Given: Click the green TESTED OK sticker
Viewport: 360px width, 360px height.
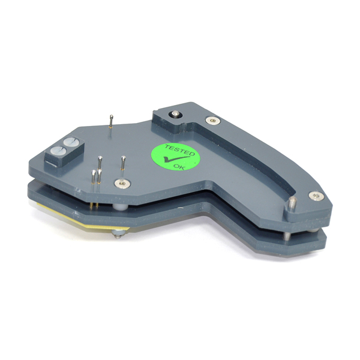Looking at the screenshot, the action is point(175,157).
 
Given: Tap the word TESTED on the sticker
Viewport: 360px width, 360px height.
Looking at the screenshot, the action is point(180,150).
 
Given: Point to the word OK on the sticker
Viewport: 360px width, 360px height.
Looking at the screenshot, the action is point(179,167).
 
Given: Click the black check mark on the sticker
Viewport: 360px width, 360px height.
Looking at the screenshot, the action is point(176,158).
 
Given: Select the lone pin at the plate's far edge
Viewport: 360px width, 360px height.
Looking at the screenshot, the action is point(111,121).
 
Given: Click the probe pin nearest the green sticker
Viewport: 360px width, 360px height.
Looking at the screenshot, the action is point(123,163).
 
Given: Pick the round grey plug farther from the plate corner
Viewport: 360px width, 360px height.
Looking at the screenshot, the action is point(71,142).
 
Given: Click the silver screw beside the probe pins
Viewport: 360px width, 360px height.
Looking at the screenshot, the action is point(122,184).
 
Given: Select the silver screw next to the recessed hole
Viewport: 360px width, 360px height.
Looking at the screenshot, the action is point(213,121).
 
